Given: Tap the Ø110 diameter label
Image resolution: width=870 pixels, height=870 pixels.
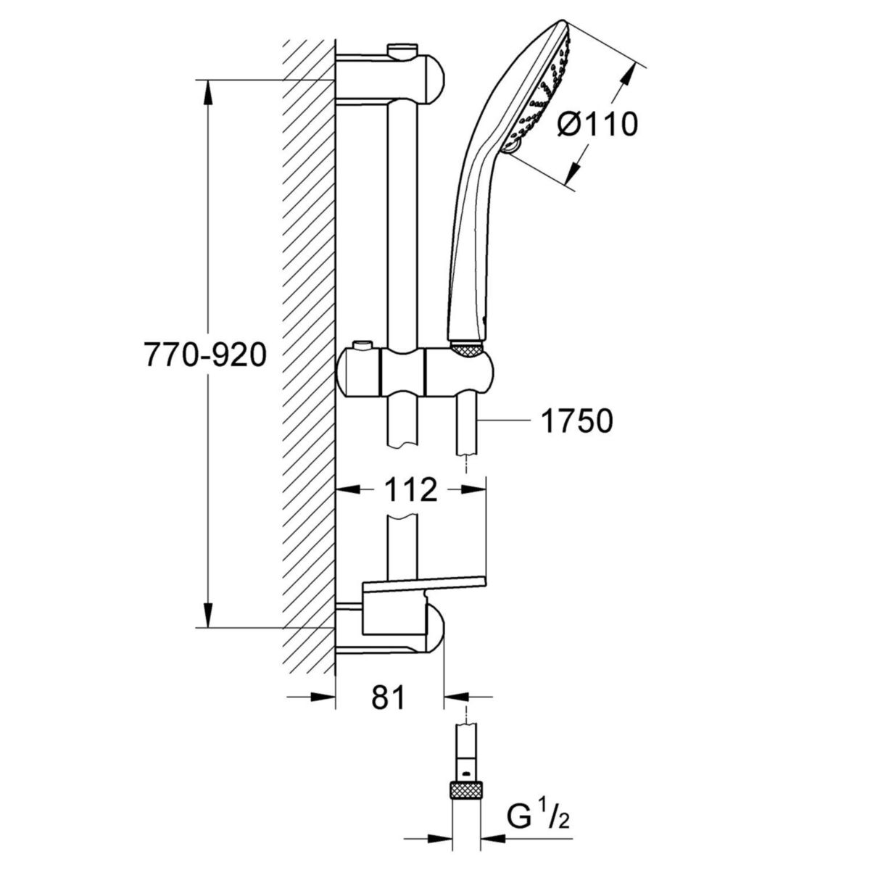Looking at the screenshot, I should tap(597, 125).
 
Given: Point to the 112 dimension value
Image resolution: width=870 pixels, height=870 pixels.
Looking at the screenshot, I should tap(410, 491).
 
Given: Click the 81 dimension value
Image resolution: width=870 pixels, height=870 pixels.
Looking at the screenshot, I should tap(388, 699).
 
